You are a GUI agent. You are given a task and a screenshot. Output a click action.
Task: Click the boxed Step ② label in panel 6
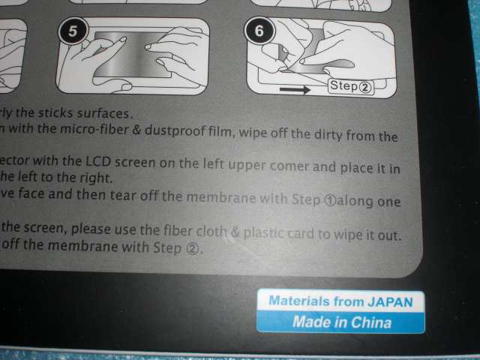pos(351,86)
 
